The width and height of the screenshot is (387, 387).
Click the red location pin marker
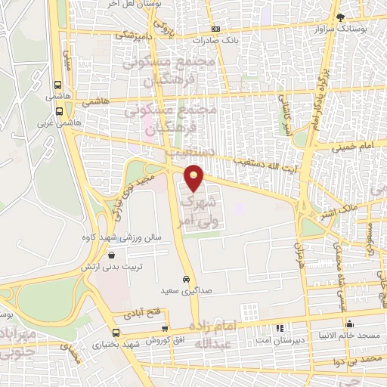194,177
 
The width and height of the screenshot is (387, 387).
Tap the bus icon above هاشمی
57,85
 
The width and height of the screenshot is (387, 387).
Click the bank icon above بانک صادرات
215,28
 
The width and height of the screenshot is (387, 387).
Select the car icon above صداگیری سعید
187,278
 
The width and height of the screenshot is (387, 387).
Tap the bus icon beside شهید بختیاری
116,333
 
